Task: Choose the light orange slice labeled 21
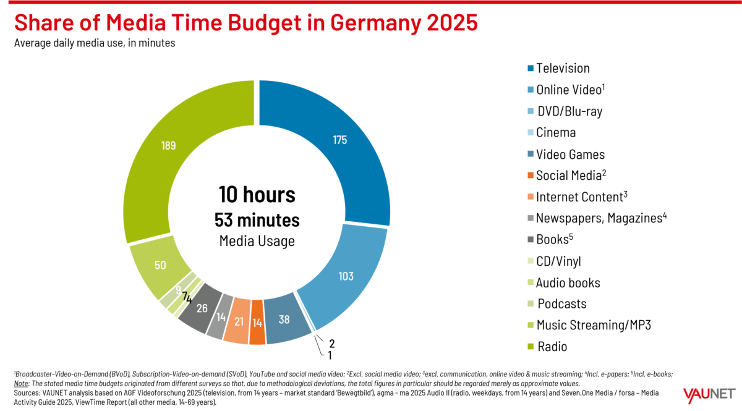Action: point(237,321)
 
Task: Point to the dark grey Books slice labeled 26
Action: point(202,307)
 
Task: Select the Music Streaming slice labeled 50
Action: point(160,266)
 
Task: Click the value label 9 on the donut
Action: point(179,289)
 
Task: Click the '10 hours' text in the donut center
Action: point(257,195)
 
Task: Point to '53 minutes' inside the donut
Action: point(257,219)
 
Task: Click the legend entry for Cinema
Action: point(555,132)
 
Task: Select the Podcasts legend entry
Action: point(561,304)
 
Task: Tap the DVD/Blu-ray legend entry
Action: point(568,111)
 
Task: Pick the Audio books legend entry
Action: point(567,283)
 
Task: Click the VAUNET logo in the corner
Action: point(709,394)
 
